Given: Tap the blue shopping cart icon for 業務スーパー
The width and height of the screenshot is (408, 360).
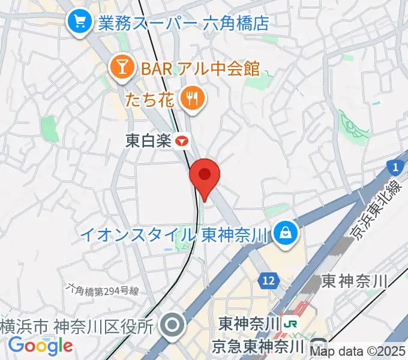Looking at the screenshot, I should pos(79,22).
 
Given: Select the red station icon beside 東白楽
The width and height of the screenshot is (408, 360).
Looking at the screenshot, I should pos(182,141).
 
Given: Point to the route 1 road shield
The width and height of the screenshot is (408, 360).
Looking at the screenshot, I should pos(394,166).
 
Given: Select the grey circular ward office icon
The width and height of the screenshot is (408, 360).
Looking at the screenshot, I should pos(173,326).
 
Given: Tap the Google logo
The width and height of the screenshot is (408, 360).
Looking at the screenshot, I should pos(41,346).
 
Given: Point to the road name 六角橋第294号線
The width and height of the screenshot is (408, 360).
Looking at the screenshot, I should pos(103,292).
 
